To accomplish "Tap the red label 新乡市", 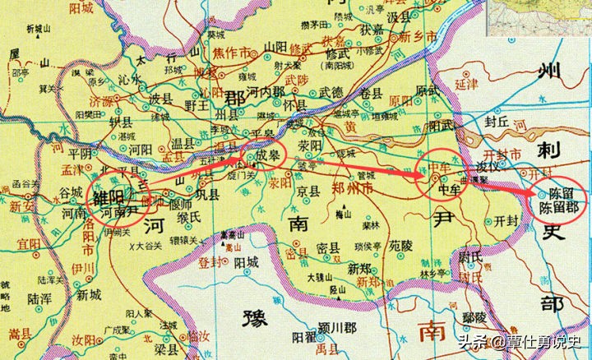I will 417,38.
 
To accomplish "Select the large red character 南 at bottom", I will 430,331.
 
